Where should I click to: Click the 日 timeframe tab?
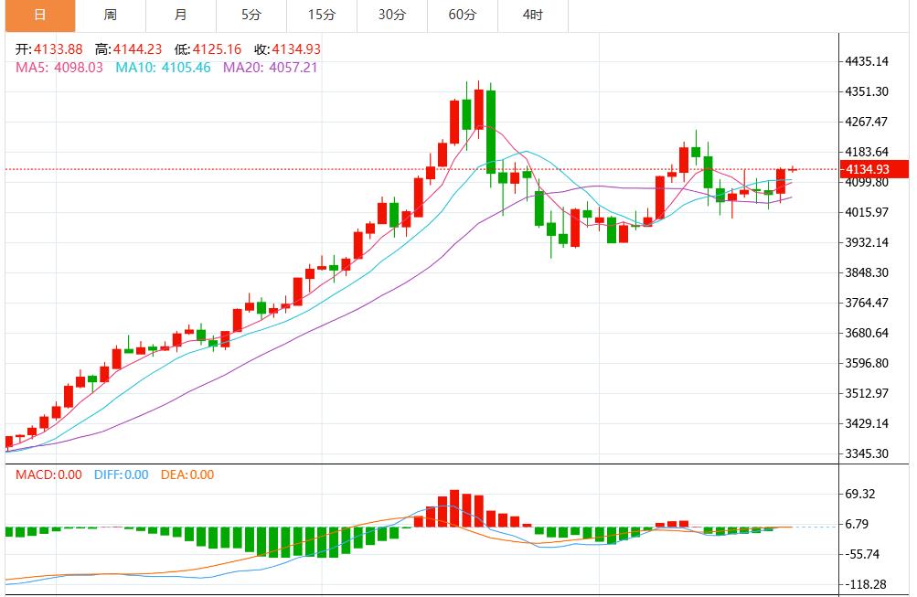[x=39, y=15]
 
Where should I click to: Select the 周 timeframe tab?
[x=111, y=15]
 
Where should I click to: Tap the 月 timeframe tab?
[x=181, y=15]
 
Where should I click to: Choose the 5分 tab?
[x=251, y=15]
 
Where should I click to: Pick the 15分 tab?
[x=322, y=15]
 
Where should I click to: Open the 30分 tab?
[x=392, y=15]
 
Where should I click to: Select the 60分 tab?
[x=463, y=15]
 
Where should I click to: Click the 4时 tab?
[x=533, y=15]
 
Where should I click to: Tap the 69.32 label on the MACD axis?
[x=861, y=494]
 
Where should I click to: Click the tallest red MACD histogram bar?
[x=454, y=508]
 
